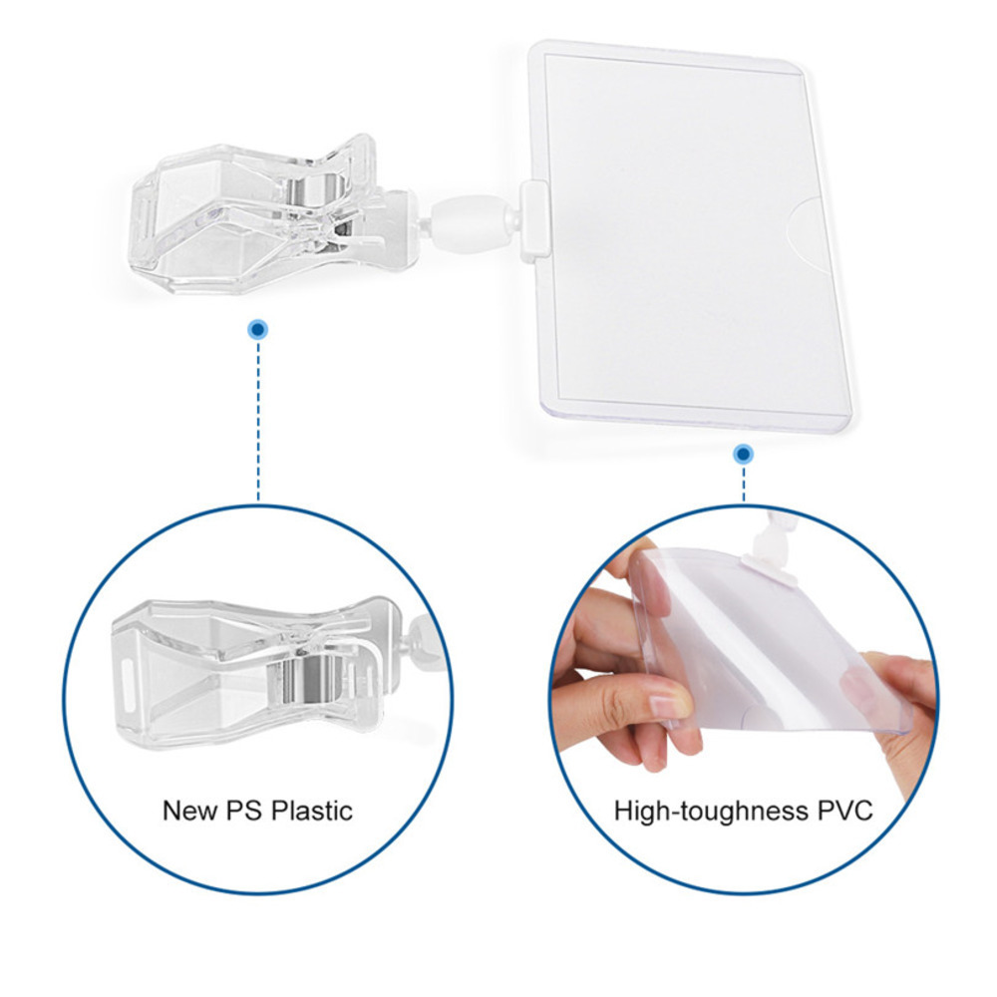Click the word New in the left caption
185,811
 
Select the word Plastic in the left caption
311,811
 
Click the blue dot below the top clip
258,329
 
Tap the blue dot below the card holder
743,454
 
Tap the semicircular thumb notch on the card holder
807,233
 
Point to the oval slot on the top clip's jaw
142,218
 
